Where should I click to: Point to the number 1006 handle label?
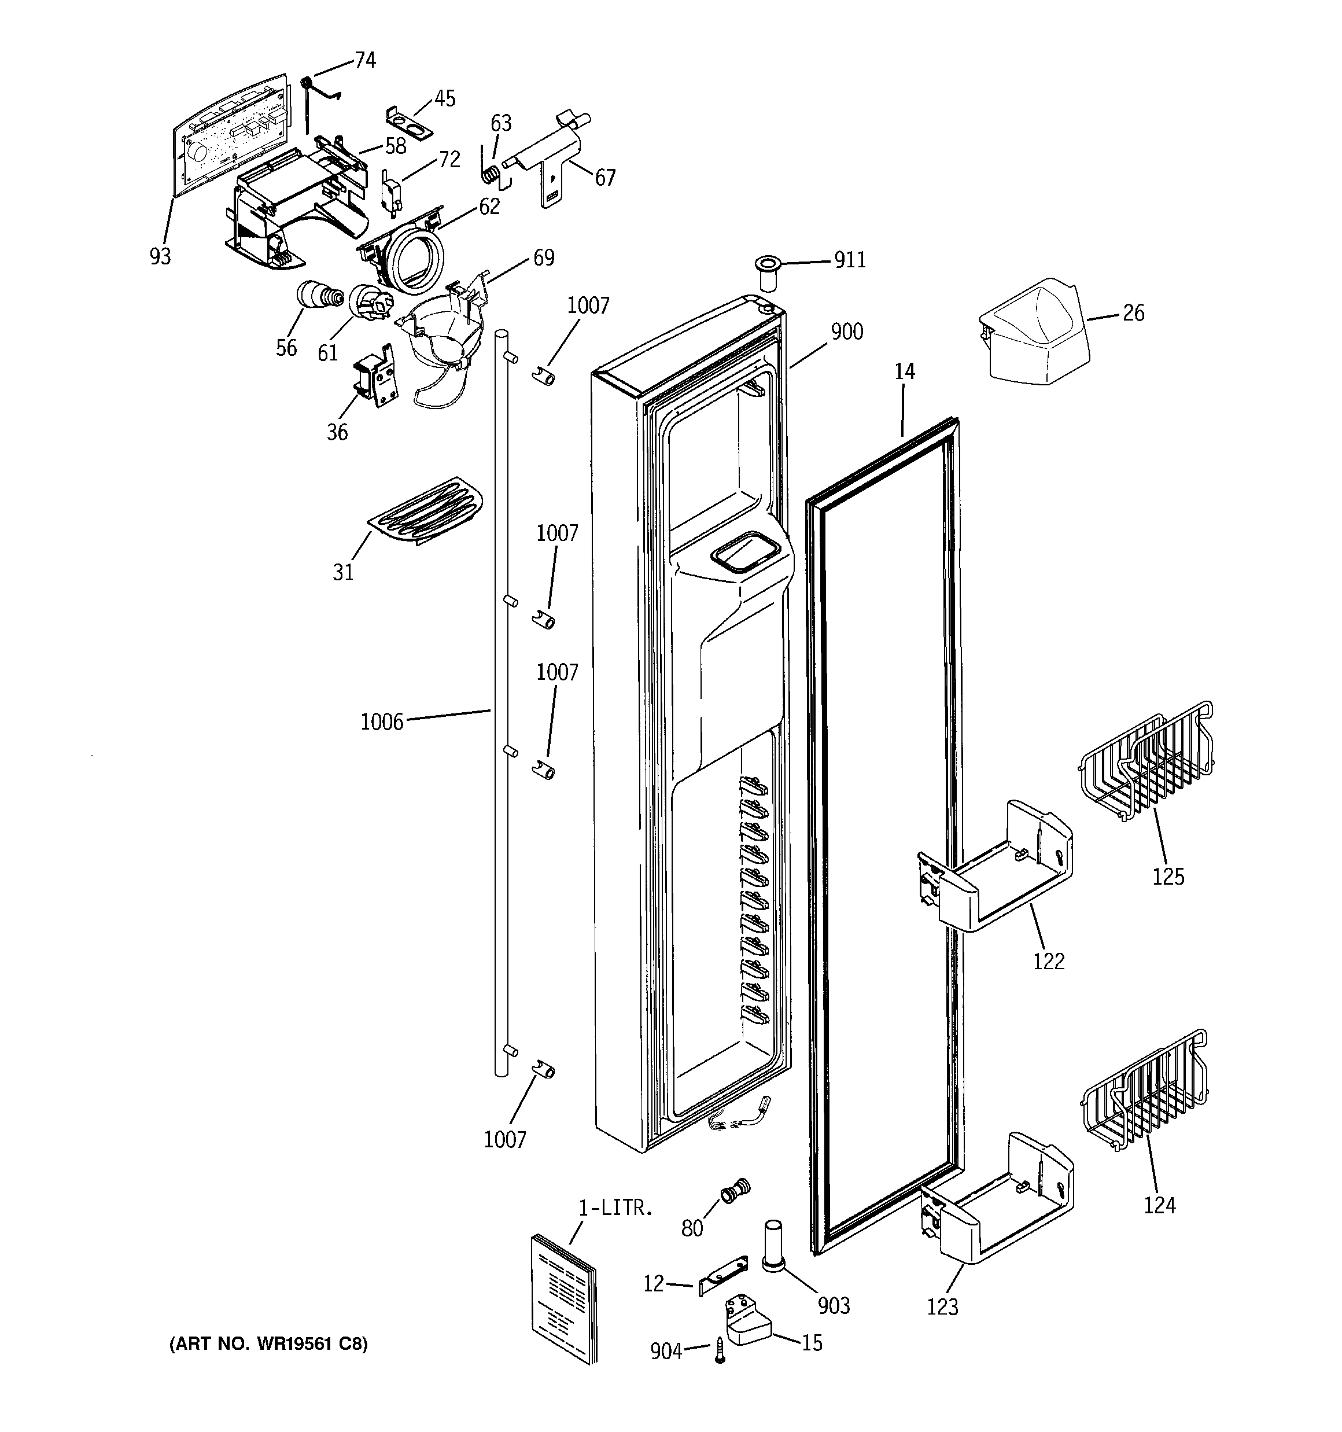382,721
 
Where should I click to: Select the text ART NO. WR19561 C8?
268,1344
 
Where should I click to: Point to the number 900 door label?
846,332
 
